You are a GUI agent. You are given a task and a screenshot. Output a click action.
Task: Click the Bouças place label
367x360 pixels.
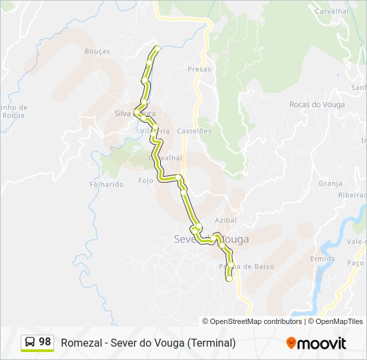coord(97,51)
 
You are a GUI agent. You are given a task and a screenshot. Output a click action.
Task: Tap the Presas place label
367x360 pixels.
coord(199,69)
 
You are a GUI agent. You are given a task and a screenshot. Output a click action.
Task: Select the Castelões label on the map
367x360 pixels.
coord(194,131)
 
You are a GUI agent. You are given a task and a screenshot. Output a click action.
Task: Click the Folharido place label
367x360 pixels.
coord(107,184)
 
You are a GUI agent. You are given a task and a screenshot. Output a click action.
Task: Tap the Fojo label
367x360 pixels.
coord(145,181)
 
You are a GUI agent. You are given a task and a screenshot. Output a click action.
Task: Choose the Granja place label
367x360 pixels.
coord(330,183)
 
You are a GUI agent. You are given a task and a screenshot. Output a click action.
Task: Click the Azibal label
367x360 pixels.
coord(226,219)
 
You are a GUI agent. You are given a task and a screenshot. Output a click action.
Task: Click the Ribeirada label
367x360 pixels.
coord(352,195)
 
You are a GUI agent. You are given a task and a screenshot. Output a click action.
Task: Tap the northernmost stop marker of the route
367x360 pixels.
coord(157,48)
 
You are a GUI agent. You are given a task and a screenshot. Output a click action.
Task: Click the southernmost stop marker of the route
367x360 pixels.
coord(230,279)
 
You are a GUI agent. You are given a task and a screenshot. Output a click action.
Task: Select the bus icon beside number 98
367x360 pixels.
coord(30,342)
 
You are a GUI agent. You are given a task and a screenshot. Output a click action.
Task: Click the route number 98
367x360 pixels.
coord(45,342)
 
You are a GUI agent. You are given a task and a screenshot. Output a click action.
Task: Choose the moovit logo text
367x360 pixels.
coord(322,343)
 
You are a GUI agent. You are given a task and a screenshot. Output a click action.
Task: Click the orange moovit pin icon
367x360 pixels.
coord(291,343)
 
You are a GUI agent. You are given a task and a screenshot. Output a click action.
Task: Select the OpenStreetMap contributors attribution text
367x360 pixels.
coord(256,321)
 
